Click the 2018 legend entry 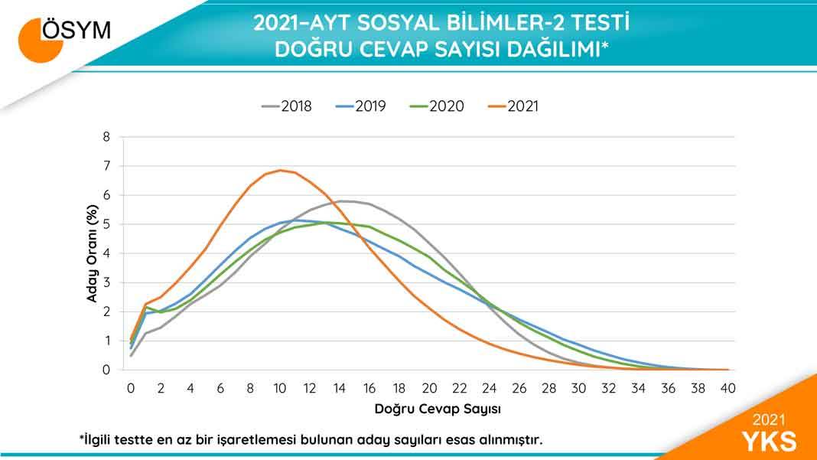click(x=286, y=106)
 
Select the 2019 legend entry click(x=360, y=106)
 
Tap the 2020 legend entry click(x=437, y=106)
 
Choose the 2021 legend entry click(x=513, y=106)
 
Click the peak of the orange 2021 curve click(x=281, y=170)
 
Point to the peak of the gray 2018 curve click(x=341, y=201)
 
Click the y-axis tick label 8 click(x=107, y=138)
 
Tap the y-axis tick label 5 click(x=107, y=225)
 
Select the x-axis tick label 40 click(x=728, y=388)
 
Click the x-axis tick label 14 click(x=340, y=388)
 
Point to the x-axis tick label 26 click(x=519, y=388)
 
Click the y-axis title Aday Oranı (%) click(x=92, y=253)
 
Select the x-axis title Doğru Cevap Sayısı click(x=438, y=409)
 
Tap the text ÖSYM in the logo click(x=76, y=31)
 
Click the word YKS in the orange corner click(x=769, y=441)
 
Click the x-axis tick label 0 click(x=131, y=388)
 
